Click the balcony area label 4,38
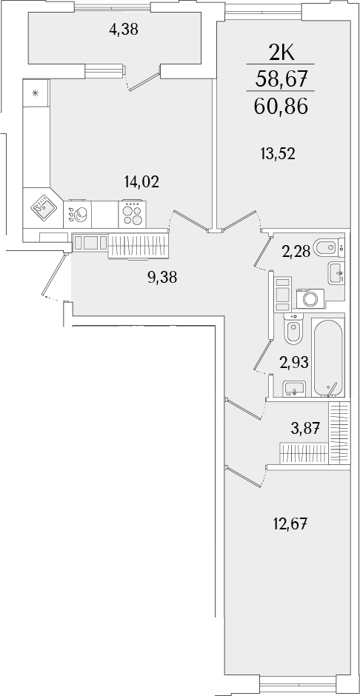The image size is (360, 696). (x=124, y=30)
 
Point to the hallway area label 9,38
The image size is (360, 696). (x=162, y=278)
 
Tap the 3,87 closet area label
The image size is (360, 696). (x=304, y=426)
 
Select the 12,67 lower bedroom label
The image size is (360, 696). (x=290, y=525)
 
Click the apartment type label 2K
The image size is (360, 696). (x=281, y=53)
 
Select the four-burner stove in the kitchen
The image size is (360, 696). (x=133, y=214)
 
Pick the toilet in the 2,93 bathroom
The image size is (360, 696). (x=293, y=331)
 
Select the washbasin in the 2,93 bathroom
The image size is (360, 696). (x=296, y=388)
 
